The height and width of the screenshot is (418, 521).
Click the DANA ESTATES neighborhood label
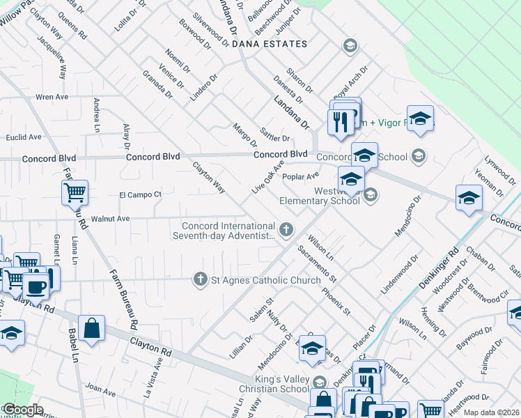pyautogui.click(x=269, y=44)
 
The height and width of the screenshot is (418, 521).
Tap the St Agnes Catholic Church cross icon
pyautogui.click(x=201, y=279)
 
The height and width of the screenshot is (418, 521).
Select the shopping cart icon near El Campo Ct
pyautogui.click(x=75, y=192)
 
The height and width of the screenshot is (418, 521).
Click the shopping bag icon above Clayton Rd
pyautogui.click(x=91, y=327)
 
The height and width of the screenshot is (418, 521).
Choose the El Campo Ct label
pyautogui.click(x=140, y=194)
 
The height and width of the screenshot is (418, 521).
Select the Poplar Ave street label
pyautogui.click(x=301, y=177)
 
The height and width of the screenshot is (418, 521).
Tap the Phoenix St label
pyautogui.click(x=336, y=300)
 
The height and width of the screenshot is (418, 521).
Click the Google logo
pyautogui.click(x=22, y=410)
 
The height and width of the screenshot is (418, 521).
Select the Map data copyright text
pyautogui.click(x=491, y=412)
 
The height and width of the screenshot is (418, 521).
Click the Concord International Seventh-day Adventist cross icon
pyautogui.click(x=286, y=229)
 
